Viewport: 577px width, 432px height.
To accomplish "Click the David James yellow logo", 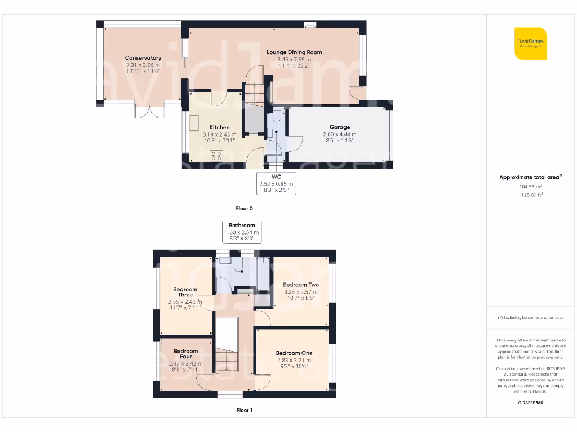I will pyautogui.click(x=530, y=43).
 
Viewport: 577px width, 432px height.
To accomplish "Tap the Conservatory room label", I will pyautogui.click(x=143, y=58).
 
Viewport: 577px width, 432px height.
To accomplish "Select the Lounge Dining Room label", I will pyautogui.click(x=294, y=52).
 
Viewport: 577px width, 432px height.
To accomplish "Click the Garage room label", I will pyautogui.click(x=340, y=127).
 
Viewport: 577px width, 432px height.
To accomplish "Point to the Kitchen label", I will pyautogui.click(x=219, y=127).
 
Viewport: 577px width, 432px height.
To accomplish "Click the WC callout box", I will pyautogui.click(x=276, y=183).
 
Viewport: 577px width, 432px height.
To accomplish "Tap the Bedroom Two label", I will pyautogui.click(x=301, y=285).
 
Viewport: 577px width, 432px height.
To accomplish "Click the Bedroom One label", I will pyautogui.click(x=294, y=353).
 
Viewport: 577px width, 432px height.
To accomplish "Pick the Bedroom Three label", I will pyautogui.click(x=185, y=292).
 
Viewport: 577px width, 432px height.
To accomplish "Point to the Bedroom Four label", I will pyautogui.click(x=186, y=354).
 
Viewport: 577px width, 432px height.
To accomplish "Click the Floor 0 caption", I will pyautogui.click(x=244, y=208).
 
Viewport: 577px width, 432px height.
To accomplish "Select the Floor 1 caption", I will pyautogui.click(x=244, y=410).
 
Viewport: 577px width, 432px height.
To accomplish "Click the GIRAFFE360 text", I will pyautogui.click(x=530, y=403).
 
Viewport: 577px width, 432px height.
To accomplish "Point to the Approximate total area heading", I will pyautogui.click(x=530, y=177).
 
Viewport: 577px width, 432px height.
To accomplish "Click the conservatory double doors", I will pyautogui.click(x=149, y=111).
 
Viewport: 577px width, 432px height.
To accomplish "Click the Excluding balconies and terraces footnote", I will pyautogui.click(x=530, y=318).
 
